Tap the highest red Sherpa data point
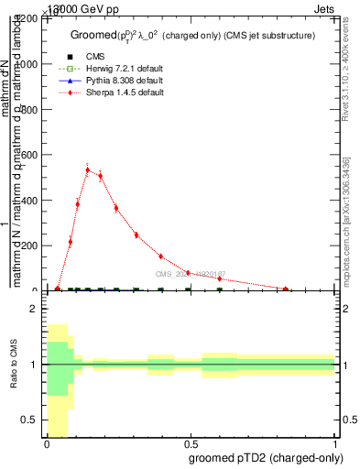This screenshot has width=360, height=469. pos(88,169)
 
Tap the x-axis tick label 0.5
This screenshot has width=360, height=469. pos(190,442)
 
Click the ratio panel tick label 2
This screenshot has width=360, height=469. pos(33,310)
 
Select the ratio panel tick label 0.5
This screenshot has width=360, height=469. pos(29,420)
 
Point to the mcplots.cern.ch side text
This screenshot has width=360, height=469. pos(346,220)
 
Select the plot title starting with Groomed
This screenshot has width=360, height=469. pos(193,36)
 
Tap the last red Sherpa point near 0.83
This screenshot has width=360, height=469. pos(286,289)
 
